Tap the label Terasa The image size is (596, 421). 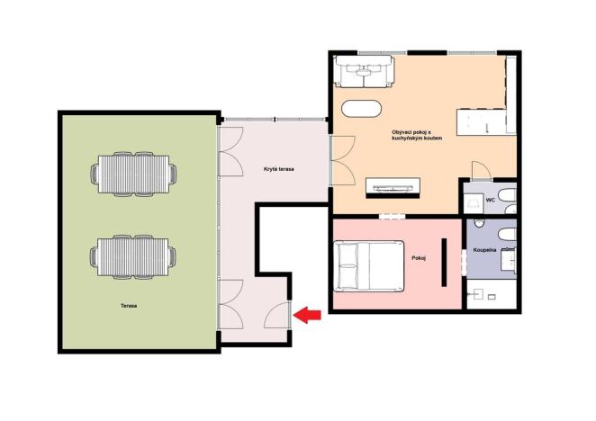tap(129, 306)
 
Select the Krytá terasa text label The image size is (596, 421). tap(279, 169)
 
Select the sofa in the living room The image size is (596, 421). tap(364, 70)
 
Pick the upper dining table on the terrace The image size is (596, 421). tap(132, 174)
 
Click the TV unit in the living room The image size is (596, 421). tap(393, 188)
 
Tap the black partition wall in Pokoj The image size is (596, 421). tap(444, 262)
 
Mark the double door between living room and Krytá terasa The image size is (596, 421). tap(337, 162)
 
